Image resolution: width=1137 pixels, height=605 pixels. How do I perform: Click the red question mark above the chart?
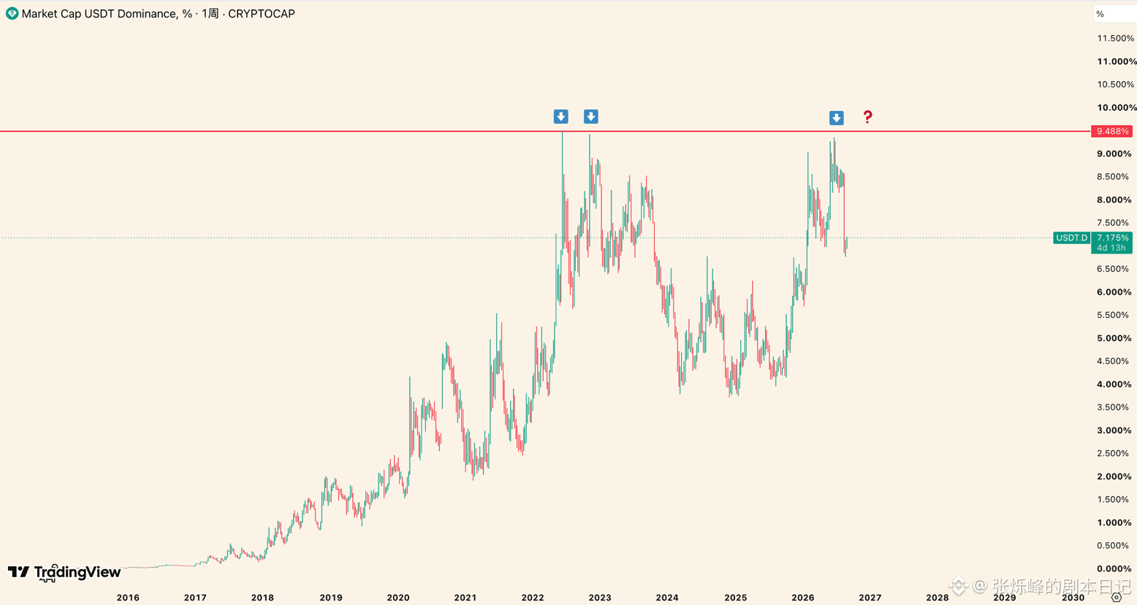click(x=868, y=117)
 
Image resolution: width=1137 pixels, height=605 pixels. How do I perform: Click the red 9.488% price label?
click(x=1111, y=132)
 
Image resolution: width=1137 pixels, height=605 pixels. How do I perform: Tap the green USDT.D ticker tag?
click(x=1071, y=237)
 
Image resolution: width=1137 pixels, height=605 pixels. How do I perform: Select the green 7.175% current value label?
click(x=1112, y=237)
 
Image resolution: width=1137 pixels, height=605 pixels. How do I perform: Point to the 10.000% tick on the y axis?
click(x=1117, y=107)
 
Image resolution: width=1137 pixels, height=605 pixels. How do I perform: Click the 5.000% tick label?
click(x=1114, y=338)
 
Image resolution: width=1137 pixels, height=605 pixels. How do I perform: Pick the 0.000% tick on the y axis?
click(x=1114, y=568)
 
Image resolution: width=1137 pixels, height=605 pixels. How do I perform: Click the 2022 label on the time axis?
click(x=533, y=598)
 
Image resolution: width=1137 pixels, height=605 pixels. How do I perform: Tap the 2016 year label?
click(x=128, y=598)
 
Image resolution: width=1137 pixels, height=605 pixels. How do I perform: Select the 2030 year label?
click(x=1073, y=598)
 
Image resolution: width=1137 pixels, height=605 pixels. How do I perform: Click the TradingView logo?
click(x=64, y=573)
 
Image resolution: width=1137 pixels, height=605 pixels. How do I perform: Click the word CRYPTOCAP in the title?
click(x=262, y=14)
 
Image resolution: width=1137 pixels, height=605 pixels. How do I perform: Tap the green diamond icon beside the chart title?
click(x=12, y=14)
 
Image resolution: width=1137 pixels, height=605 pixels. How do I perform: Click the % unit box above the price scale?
click(x=1114, y=14)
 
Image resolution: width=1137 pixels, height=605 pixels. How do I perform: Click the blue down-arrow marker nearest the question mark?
click(x=837, y=118)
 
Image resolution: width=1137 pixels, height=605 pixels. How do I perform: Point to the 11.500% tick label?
click(x=1115, y=38)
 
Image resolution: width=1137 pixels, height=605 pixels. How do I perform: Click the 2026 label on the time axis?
click(x=802, y=598)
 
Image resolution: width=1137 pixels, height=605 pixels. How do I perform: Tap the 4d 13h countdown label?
click(x=1111, y=248)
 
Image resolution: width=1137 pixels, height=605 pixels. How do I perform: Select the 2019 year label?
click(x=331, y=598)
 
